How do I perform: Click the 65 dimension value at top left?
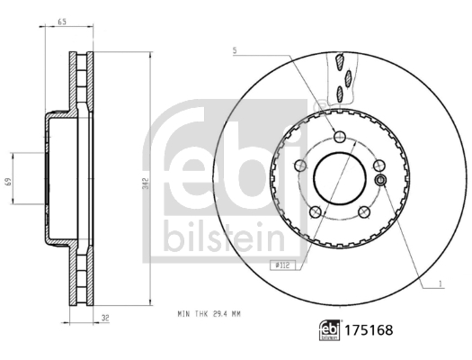tap(62, 22)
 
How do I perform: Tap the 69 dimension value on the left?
tap(8, 182)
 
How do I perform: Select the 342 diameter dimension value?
tap(146, 184)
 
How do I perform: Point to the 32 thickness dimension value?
tap(105, 318)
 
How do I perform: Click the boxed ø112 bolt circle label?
tap(282, 265)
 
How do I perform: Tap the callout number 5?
tap(235, 51)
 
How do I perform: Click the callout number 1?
tap(441, 283)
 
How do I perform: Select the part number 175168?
tap(369, 330)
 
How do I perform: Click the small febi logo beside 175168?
tap(329, 330)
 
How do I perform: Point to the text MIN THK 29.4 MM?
tap(209, 314)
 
